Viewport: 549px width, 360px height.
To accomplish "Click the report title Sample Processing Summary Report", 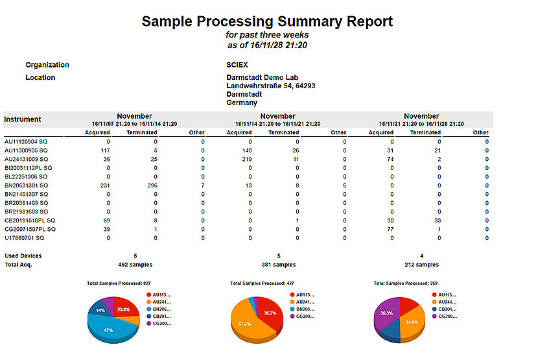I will coord(267,21).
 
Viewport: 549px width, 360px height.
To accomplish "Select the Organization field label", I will coord(47,65).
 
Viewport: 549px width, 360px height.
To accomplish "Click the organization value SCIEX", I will coord(237,65).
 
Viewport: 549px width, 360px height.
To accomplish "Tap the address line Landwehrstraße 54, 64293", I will coord(270,86).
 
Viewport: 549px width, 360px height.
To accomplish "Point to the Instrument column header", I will coord(23,119).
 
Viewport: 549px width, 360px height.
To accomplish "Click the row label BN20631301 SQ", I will coord(30,185).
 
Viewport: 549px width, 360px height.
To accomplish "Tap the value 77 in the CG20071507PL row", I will coord(390,229).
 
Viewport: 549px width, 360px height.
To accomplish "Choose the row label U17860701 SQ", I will coord(29,237).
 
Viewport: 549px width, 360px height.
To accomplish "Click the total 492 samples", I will coord(134,265).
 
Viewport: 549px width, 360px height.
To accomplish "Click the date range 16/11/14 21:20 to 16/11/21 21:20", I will coord(277,123).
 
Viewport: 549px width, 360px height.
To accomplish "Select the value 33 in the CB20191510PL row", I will coord(439,220).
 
